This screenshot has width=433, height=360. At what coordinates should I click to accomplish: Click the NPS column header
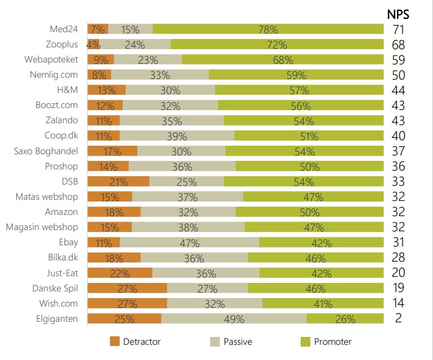click(398, 13)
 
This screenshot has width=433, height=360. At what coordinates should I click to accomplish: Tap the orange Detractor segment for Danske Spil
click(128, 288)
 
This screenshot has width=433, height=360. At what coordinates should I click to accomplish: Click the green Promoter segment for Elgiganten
click(345, 318)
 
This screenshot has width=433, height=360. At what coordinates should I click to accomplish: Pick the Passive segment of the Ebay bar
click(189, 242)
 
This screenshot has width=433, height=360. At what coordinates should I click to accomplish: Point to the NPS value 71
click(398, 29)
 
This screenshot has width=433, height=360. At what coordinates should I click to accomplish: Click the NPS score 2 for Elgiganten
click(398, 318)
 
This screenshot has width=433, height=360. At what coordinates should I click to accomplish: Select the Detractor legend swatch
click(115, 342)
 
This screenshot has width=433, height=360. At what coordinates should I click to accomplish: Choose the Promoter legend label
click(333, 342)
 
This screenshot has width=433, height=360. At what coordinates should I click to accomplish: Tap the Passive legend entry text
click(237, 342)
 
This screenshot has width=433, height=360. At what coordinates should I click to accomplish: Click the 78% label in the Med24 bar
click(268, 29)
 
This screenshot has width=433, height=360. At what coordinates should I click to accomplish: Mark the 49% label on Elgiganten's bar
click(234, 318)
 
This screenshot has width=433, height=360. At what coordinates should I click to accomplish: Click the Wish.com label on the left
click(59, 303)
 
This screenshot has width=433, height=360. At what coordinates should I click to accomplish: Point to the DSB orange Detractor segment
click(118, 182)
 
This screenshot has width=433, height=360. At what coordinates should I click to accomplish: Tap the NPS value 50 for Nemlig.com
click(398, 75)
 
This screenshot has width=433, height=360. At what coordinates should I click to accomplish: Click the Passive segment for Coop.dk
click(177, 135)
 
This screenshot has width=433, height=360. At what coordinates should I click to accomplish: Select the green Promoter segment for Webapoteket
click(283, 59)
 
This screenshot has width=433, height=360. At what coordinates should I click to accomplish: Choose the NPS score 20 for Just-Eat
click(398, 273)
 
